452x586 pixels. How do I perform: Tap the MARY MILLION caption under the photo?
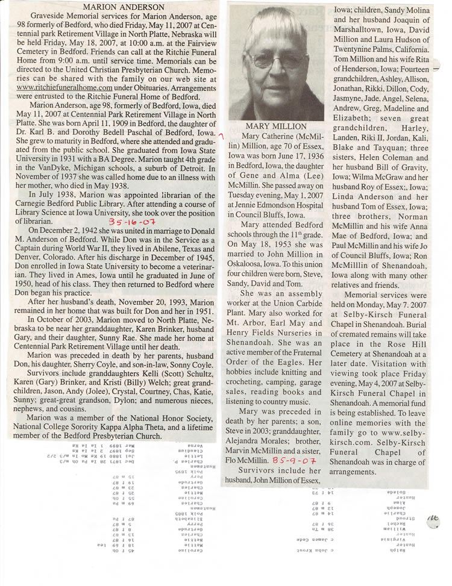click(x=268, y=127)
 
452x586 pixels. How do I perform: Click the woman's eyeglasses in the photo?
click(x=277, y=59)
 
